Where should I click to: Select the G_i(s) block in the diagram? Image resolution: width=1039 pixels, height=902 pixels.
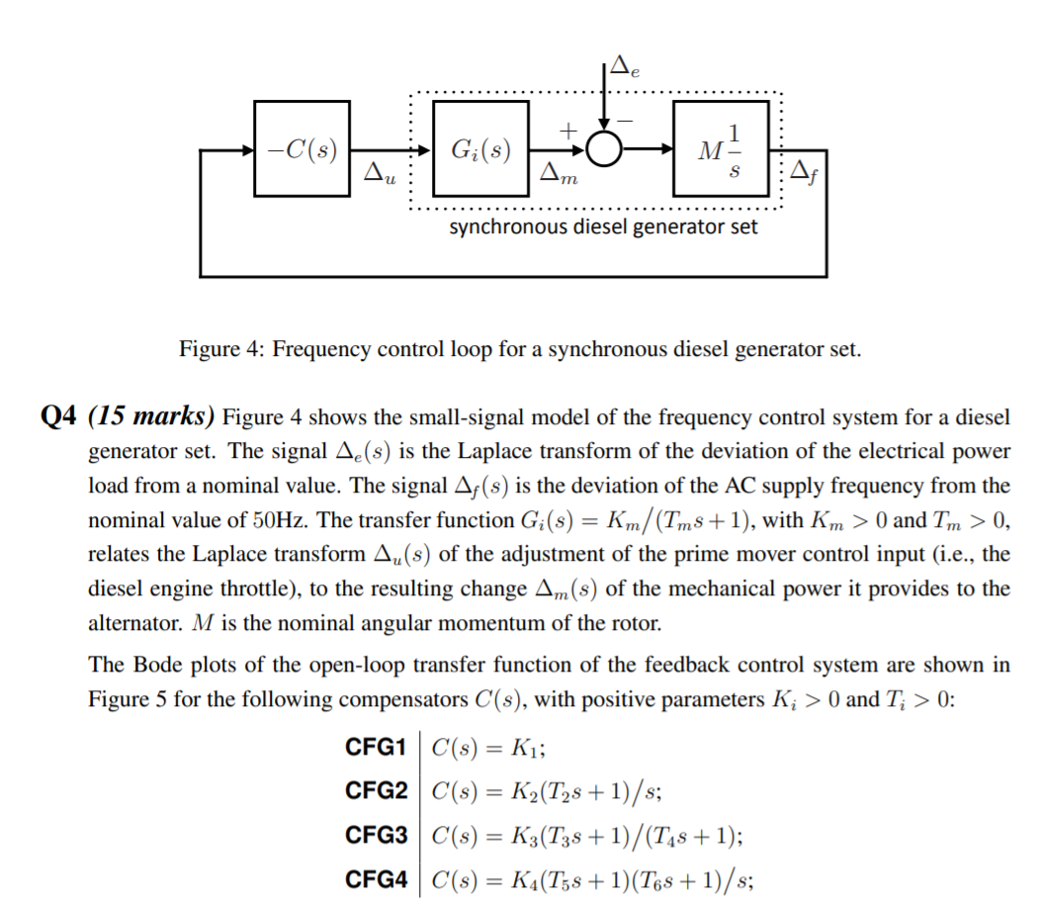point(479,148)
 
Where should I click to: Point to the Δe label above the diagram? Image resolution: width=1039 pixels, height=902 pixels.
point(624,68)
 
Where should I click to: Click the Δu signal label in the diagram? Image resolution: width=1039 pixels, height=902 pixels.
point(378,174)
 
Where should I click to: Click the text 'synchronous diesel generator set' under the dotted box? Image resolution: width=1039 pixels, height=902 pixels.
point(604,227)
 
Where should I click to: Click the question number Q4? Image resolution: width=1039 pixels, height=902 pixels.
point(59,415)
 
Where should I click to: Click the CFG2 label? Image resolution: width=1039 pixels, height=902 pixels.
point(377,790)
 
